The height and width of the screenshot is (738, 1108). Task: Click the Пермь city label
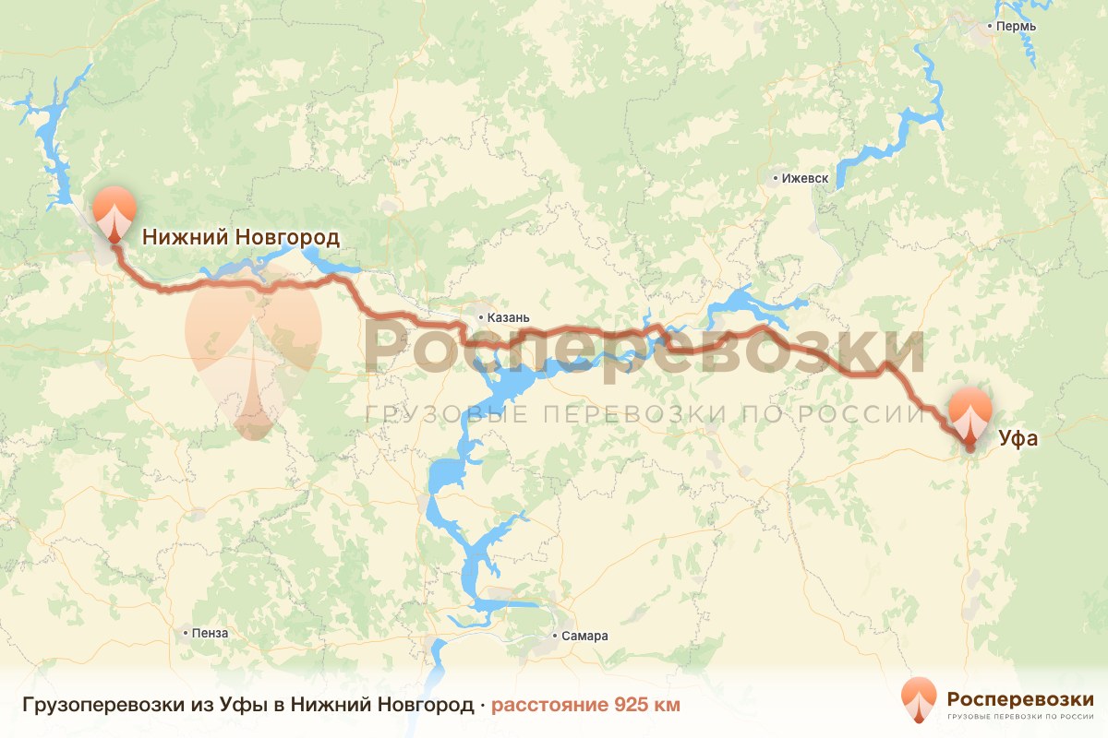(1017, 26)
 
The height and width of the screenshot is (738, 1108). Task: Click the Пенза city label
(210, 633)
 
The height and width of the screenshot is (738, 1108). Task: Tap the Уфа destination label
(1018, 439)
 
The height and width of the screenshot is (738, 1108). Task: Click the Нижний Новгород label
(240, 238)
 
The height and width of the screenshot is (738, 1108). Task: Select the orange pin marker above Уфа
(970, 415)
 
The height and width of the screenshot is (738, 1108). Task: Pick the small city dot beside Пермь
(989, 27)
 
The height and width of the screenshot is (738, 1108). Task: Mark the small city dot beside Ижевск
(776, 177)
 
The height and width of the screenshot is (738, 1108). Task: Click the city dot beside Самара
(555, 636)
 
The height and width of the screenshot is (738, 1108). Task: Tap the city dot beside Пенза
(186, 633)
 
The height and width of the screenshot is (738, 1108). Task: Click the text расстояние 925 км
(585, 706)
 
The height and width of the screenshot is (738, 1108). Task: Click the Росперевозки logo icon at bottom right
(919, 700)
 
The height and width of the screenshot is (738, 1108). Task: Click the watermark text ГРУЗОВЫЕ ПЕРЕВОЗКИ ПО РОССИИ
(644, 414)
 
